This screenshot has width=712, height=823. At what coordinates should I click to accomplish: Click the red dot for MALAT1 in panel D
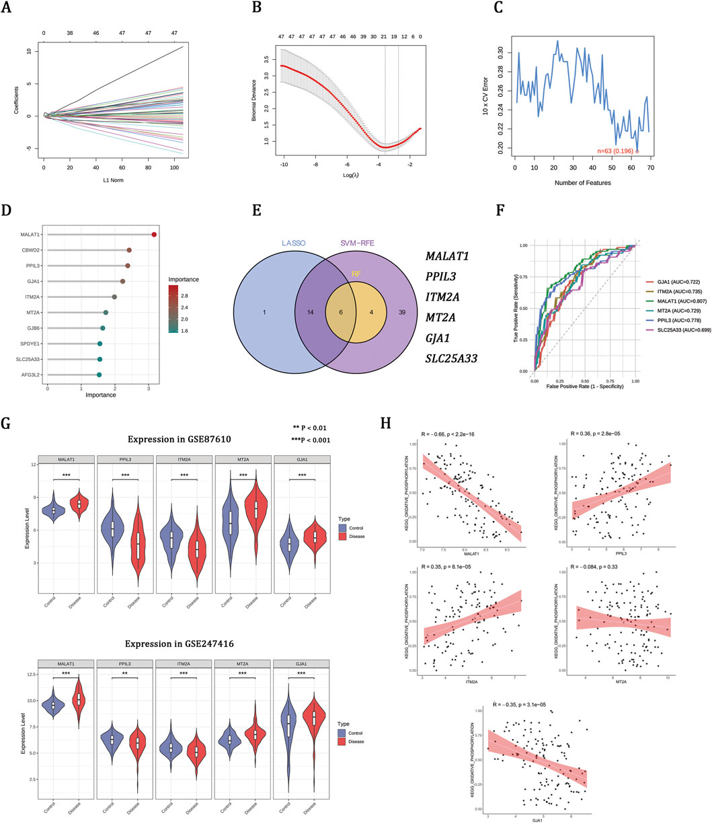point(155,234)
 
